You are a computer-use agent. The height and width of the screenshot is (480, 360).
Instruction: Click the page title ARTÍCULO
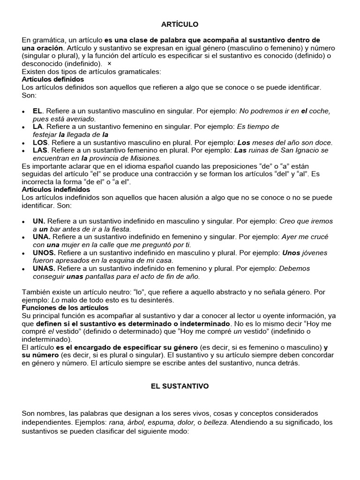click(x=180, y=24)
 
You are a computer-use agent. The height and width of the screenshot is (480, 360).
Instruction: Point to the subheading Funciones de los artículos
click(x=65, y=307)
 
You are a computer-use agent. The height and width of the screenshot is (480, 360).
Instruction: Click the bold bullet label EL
click(x=37, y=111)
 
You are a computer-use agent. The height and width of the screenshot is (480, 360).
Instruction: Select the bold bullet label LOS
click(x=40, y=142)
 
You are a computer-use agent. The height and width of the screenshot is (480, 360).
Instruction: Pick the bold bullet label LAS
click(x=40, y=150)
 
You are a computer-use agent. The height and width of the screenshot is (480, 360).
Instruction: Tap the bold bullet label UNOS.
click(x=44, y=253)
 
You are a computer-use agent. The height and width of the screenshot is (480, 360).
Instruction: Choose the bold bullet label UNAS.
click(x=44, y=269)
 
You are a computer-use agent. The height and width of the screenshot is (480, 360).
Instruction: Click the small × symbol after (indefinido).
click(x=109, y=64)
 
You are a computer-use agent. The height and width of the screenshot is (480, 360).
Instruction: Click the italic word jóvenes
click(x=315, y=253)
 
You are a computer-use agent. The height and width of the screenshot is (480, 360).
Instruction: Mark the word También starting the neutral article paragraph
click(x=37, y=292)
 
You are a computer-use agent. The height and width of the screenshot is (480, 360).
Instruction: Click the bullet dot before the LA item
click(x=24, y=127)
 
